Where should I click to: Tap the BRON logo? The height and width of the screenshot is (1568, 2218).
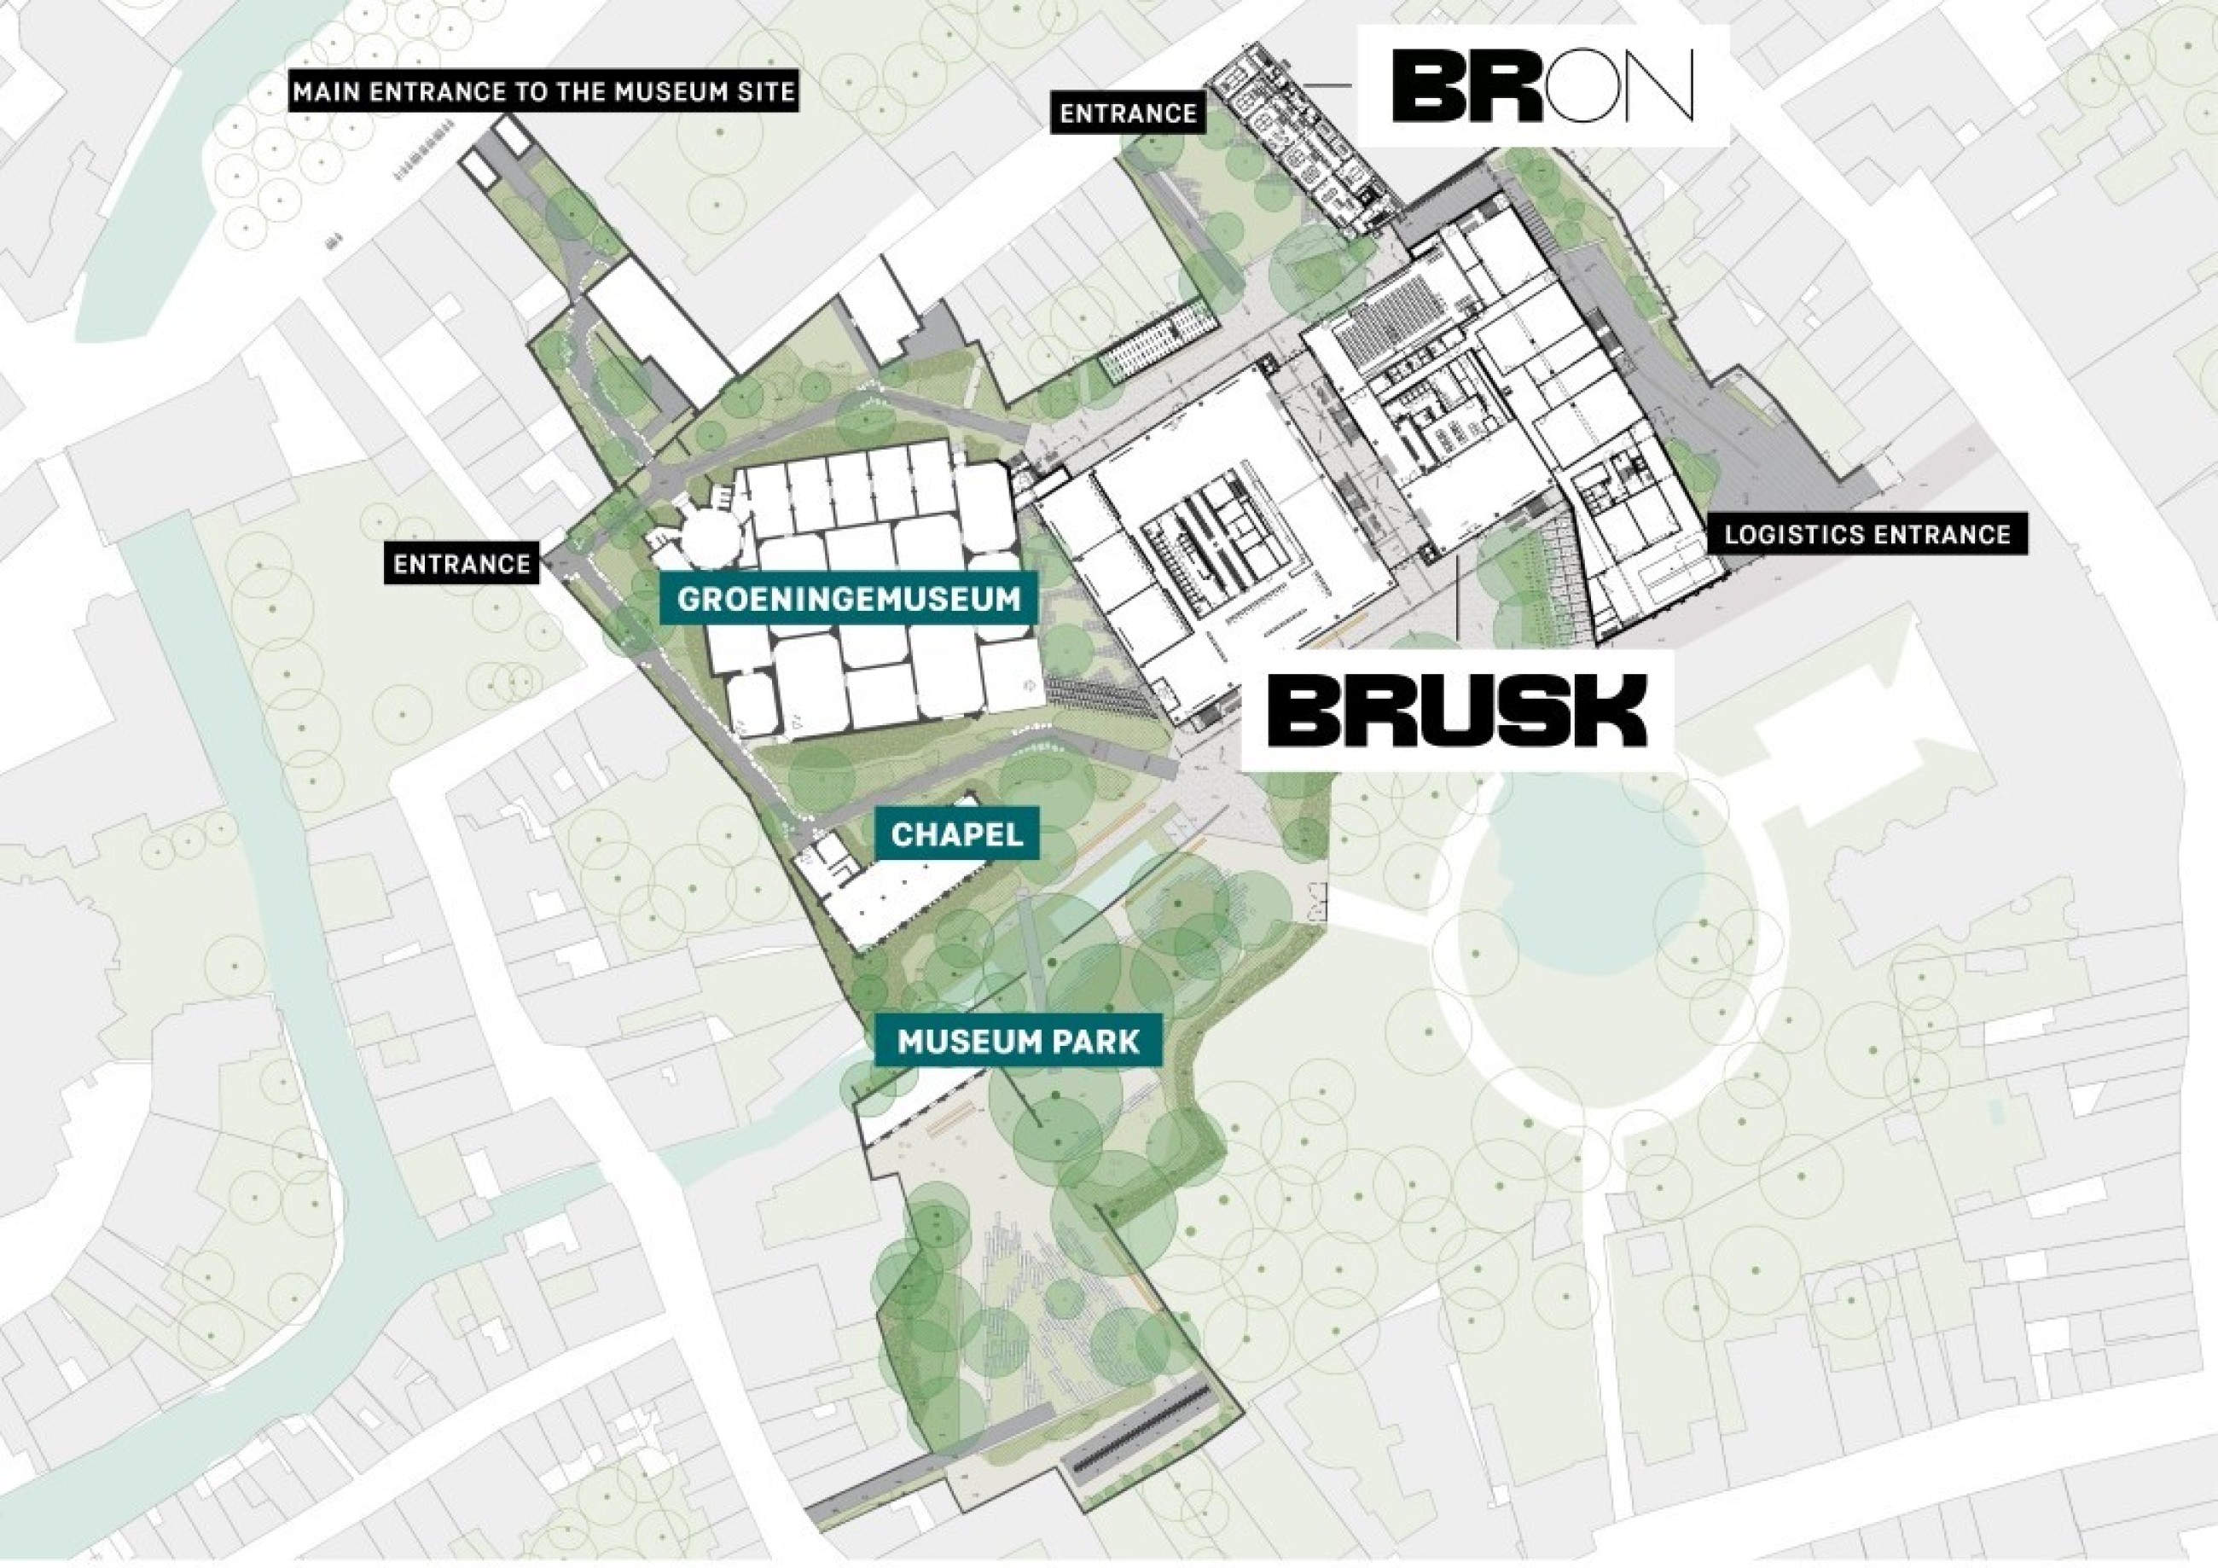click(1542, 86)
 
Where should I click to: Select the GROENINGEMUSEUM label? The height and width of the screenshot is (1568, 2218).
click(848, 599)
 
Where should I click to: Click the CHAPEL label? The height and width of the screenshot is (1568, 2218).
click(956, 833)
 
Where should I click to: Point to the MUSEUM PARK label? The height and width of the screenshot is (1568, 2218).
click(1019, 1042)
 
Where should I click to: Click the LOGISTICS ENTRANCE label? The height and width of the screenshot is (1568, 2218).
click(1867, 534)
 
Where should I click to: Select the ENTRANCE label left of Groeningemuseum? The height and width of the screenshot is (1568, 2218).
click(462, 564)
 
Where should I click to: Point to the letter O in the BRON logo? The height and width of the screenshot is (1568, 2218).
click(1584, 87)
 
